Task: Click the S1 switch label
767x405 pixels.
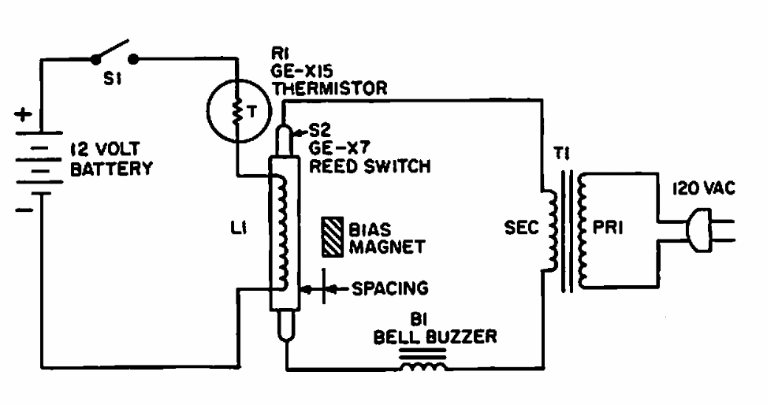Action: click(112, 79)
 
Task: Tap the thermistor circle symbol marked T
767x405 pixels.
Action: click(208, 113)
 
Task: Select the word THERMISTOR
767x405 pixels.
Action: click(330, 88)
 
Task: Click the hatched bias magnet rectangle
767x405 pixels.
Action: click(332, 237)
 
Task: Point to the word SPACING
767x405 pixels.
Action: click(390, 288)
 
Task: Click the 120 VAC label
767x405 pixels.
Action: click(703, 188)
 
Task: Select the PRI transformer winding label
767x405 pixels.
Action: click(608, 228)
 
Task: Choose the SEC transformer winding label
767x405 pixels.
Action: click(521, 228)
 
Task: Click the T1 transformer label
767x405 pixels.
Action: click(562, 154)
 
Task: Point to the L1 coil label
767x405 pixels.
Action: click(238, 228)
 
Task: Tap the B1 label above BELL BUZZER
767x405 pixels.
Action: click(419, 319)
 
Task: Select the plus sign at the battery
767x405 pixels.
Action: click(22, 115)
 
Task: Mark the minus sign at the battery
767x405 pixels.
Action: click(24, 210)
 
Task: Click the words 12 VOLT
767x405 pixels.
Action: click(105, 149)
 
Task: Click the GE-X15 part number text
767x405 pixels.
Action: click(302, 72)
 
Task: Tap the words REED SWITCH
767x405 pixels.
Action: click(370, 166)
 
